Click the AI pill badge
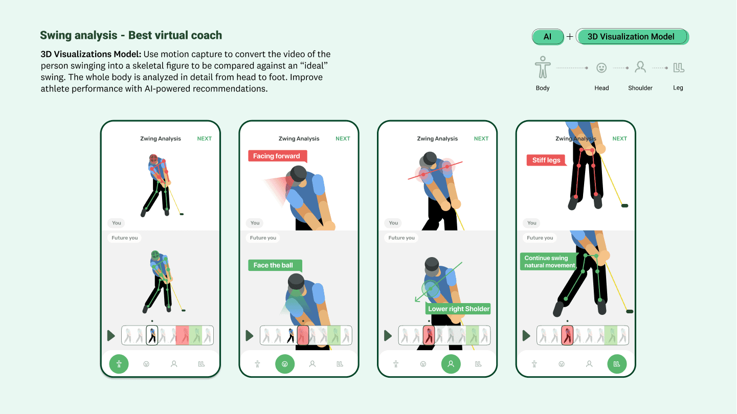pyautogui.click(x=547, y=36)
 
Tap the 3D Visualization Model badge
pyautogui.click(x=632, y=36)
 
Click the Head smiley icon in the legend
pyautogui.click(x=601, y=68)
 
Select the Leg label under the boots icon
pyautogui.click(x=678, y=88)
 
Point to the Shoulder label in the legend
pyautogui.click(x=640, y=88)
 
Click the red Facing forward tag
pyautogui.click(x=277, y=156)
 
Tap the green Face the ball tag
pyautogui.click(x=275, y=265)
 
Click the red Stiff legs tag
pyautogui.click(x=546, y=160)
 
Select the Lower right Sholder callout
pyautogui.click(x=458, y=309)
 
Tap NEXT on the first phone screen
pyautogui.click(x=204, y=139)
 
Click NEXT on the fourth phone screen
pyautogui.click(x=619, y=139)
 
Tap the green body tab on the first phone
pyautogui.click(x=119, y=364)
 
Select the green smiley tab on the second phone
pyautogui.click(x=284, y=364)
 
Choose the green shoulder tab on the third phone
pyautogui.click(x=451, y=364)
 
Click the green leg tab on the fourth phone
pyautogui.click(x=617, y=364)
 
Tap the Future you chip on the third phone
pyautogui.click(x=401, y=238)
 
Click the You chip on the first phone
pyautogui.click(x=117, y=223)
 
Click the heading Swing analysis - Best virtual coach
pyautogui.click(x=131, y=35)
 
